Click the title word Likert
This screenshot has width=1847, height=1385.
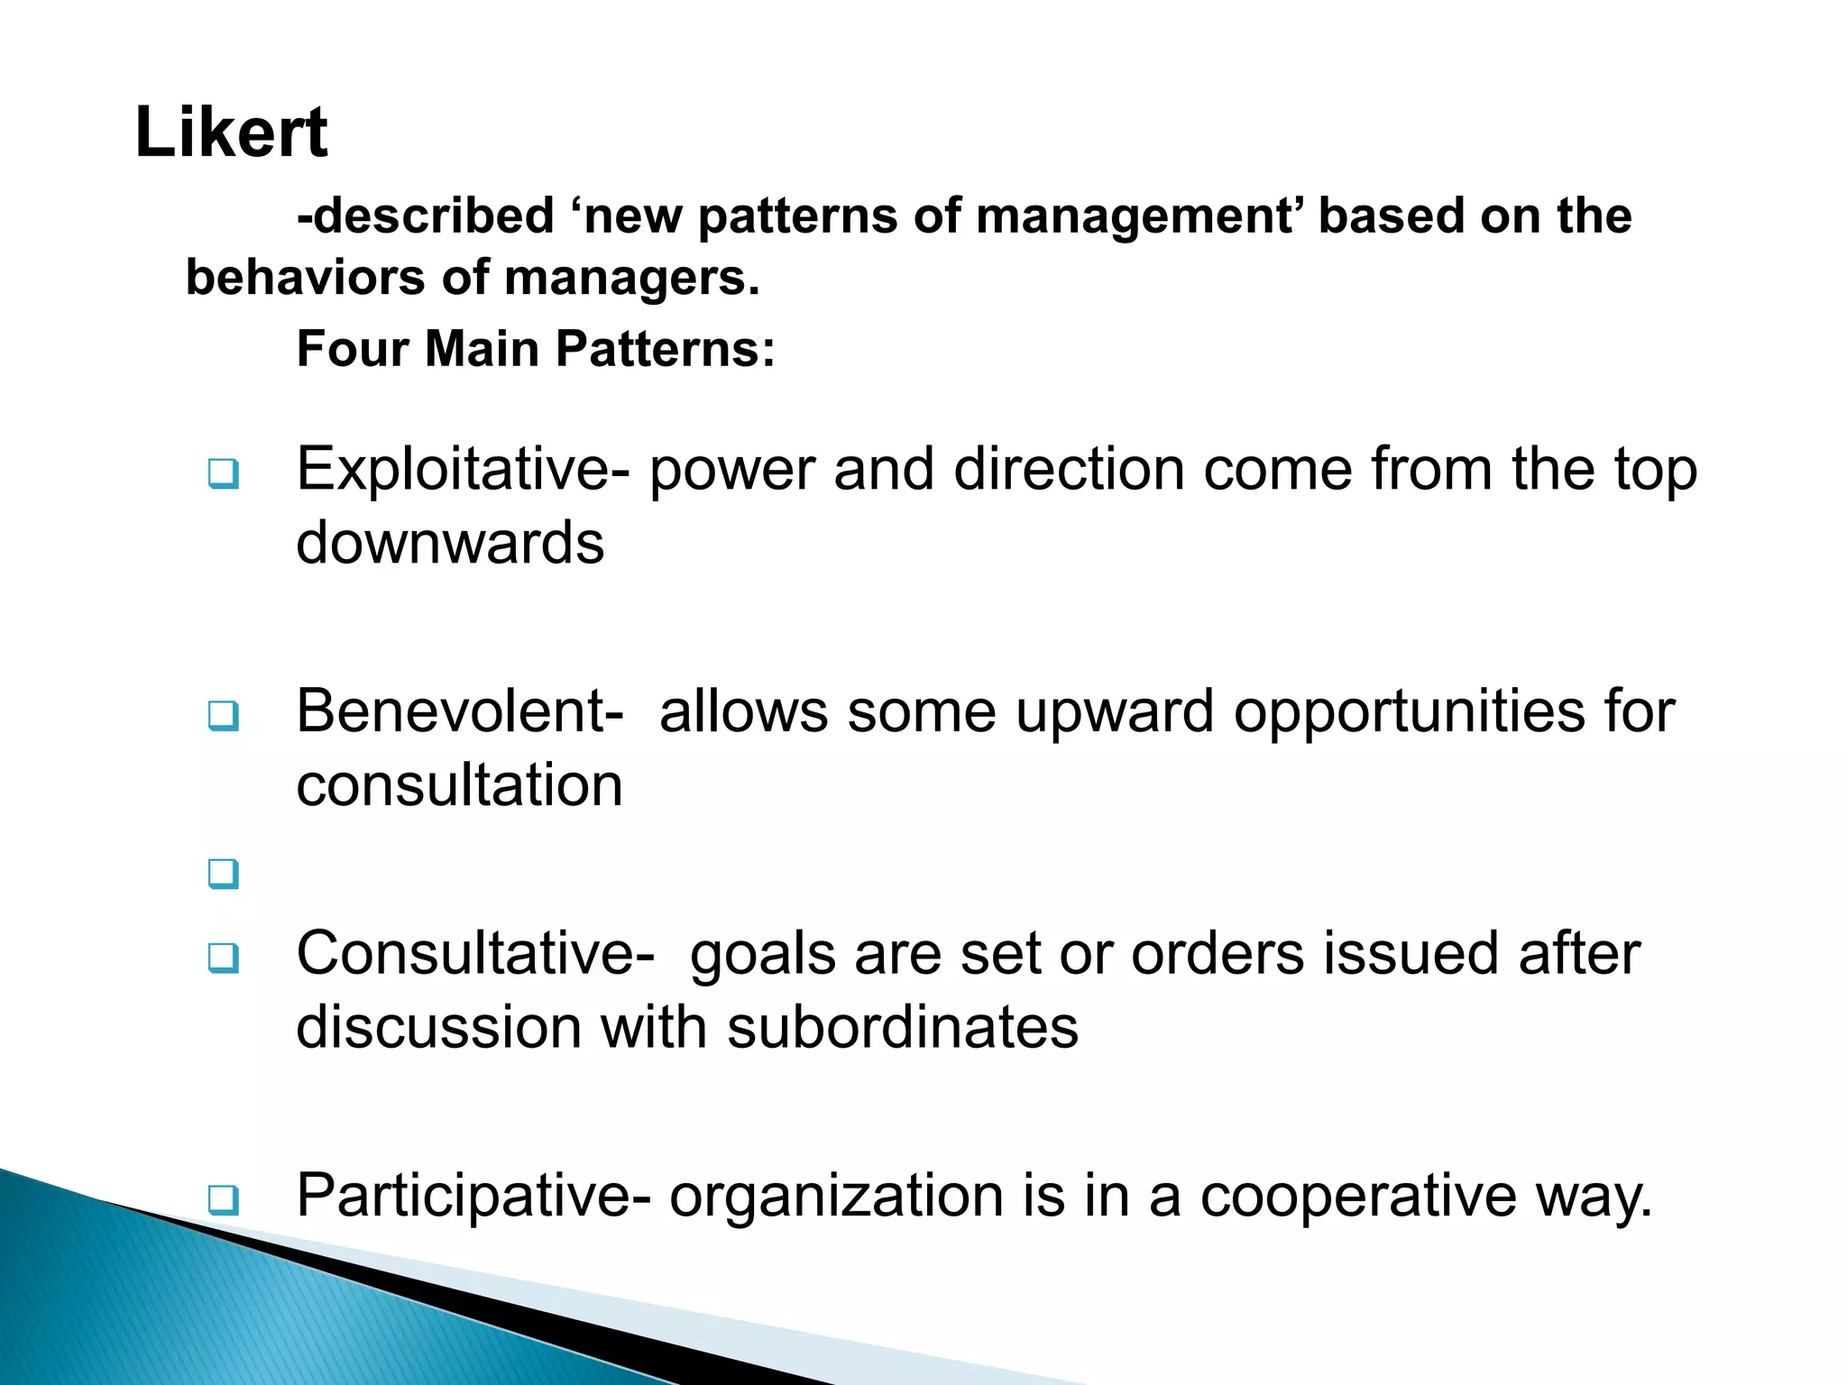pos(231,133)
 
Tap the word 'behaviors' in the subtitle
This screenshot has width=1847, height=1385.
pos(305,277)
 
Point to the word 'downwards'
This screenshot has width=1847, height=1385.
pos(450,543)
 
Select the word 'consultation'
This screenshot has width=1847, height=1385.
pos(459,784)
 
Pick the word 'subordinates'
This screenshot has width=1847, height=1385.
pos(903,1027)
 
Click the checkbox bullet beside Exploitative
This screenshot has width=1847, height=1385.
pos(223,473)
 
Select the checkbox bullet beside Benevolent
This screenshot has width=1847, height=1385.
pos(223,716)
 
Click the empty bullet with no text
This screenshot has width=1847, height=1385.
pos(223,873)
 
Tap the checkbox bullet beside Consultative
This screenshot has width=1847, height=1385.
pos(223,958)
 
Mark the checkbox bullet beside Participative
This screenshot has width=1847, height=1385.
pos(223,1200)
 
